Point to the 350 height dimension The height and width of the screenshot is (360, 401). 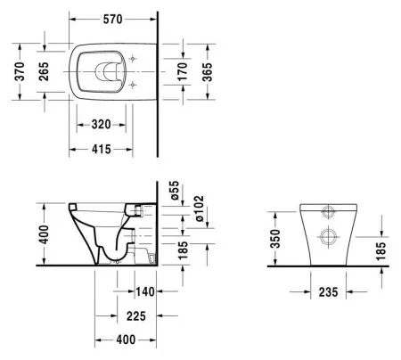275,239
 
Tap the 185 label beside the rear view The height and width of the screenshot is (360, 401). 381,251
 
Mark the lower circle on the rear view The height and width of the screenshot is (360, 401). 326,238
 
